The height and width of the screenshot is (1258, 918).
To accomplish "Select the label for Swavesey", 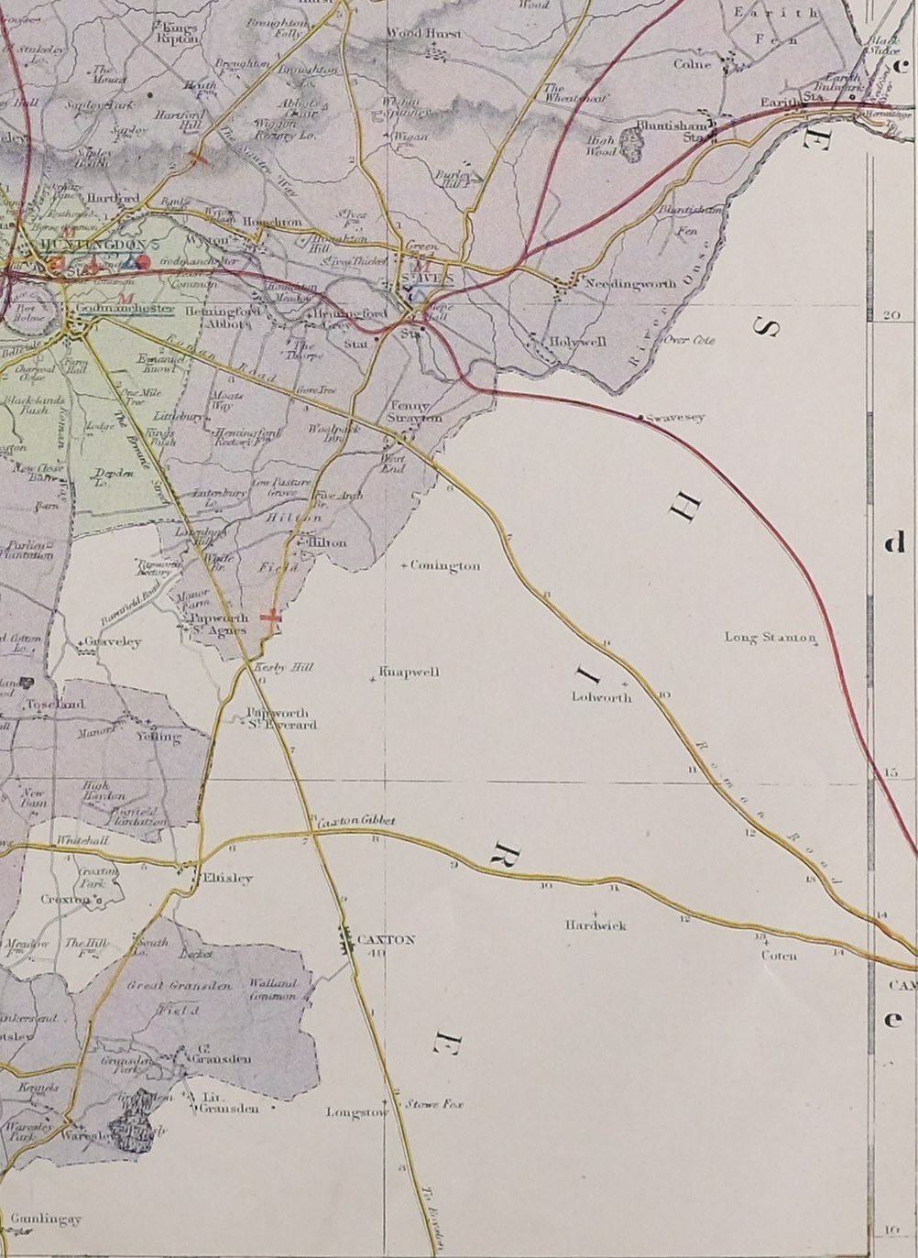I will pos(675,418).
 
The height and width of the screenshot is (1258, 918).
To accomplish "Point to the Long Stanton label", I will pos(770,637).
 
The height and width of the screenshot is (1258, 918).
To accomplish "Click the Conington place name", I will pos(445,566).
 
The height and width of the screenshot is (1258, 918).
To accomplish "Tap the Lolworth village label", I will pos(601,696).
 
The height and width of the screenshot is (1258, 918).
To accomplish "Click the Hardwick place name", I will pos(596,925).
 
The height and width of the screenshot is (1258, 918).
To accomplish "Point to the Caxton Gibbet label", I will pos(356,822).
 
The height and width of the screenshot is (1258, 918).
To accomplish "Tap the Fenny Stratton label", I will pos(416,411).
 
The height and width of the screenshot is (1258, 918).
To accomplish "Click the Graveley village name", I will pos(114,642).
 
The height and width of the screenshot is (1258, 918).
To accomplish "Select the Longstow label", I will pos(357,1111).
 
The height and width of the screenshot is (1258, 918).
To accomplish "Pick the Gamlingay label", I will pos(48,1219).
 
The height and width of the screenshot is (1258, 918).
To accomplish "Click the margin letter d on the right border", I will pos(893,544).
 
